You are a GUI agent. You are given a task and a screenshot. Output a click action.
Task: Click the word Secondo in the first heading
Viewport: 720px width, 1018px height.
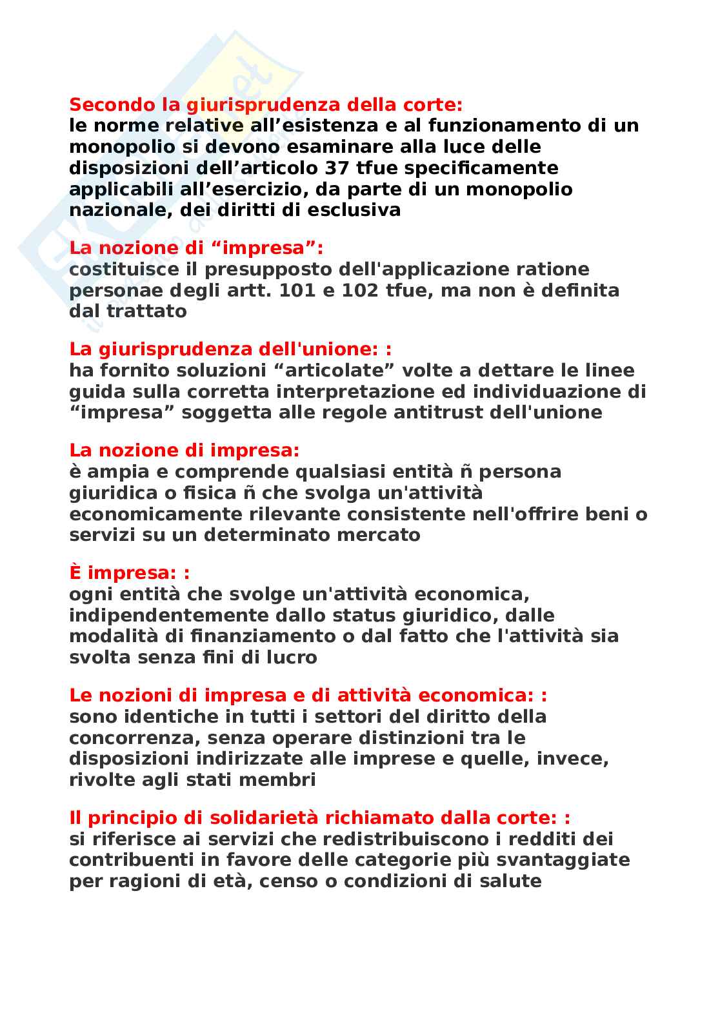pyautogui.click(x=100, y=104)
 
